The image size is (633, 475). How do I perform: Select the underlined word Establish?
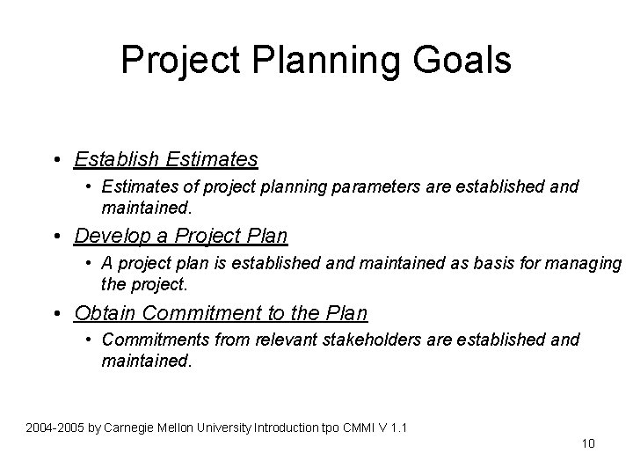[115, 159]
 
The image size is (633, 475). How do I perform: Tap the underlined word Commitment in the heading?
[206, 312]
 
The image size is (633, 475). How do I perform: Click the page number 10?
[588, 442]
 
